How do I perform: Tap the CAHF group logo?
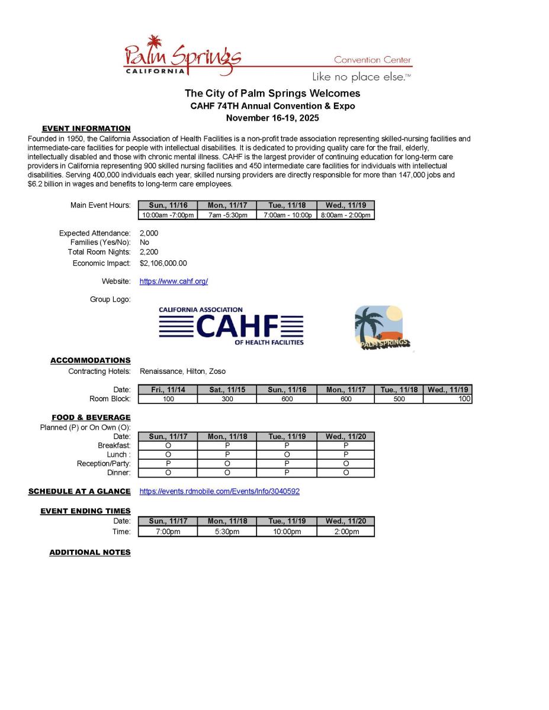tap(231, 326)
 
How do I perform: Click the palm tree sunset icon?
tap(383, 328)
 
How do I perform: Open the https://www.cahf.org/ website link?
tap(174, 282)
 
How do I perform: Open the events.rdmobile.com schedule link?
tap(219, 491)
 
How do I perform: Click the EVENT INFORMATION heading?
tap(86, 128)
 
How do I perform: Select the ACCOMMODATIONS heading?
tap(90, 360)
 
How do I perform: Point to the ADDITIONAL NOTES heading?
tap(89, 552)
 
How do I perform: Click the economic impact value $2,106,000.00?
tap(163, 263)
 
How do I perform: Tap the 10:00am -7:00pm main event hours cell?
tap(168, 215)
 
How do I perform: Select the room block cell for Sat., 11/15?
tap(227, 399)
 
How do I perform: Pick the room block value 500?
tap(399, 399)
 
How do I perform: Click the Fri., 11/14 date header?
tap(168, 390)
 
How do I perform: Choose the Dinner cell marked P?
tap(286, 473)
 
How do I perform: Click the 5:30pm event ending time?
tap(227, 531)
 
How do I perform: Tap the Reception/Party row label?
tap(104, 464)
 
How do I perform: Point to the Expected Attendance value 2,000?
tap(149, 233)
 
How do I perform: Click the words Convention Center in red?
tap(373, 60)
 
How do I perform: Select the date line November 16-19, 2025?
tap(272, 118)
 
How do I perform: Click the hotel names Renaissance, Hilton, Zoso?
tap(182, 372)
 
